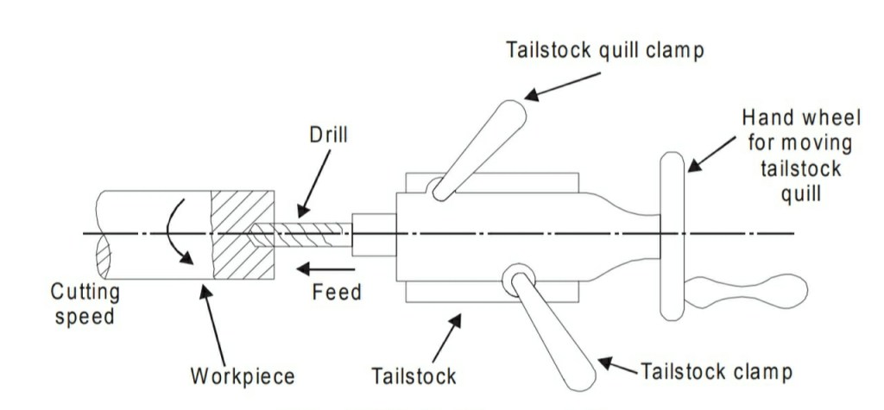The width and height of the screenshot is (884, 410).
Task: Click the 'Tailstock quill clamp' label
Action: pyautogui.click(x=604, y=49)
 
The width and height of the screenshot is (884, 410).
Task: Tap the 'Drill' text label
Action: pyautogui.click(x=327, y=136)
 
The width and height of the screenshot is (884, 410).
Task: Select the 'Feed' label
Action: pyautogui.click(x=337, y=293)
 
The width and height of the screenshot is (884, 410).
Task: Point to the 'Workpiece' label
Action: pyautogui.click(x=243, y=376)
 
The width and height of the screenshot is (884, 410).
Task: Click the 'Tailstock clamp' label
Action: pyautogui.click(x=717, y=372)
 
